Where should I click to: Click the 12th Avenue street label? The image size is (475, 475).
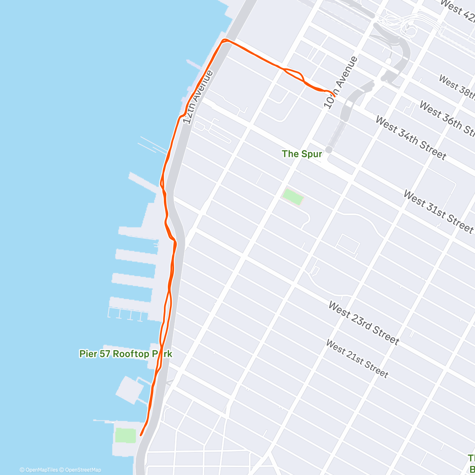(x=199, y=97)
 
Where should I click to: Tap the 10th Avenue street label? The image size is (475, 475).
(x=340, y=82)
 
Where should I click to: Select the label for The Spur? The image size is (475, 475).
(x=302, y=154)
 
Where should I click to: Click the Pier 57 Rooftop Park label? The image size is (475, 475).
(x=125, y=353)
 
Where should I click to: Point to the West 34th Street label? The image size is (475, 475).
(x=410, y=138)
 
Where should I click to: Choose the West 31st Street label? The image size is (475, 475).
(x=438, y=211)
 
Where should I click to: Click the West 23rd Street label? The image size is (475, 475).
(x=363, y=323)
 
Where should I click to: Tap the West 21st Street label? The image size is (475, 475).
(x=357, y=359)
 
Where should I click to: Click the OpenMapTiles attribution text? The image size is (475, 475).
(x=39, y=470)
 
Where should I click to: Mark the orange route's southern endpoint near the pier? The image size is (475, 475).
(x=141, y=435)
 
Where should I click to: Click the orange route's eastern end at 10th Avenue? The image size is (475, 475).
(x=334, y=96)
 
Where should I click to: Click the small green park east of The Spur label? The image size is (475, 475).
(x=293, y=197)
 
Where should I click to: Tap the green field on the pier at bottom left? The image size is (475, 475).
(x=125, y=435)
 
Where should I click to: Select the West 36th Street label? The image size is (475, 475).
(x=446, y=118)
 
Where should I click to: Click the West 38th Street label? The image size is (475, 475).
(x=457, y=86)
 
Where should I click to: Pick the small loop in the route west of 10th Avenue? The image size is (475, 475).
(x=294, y=74)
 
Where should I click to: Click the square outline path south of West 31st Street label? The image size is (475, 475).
(x=347, y=244)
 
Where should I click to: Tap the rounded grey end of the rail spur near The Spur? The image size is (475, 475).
(x=329, y=150)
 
